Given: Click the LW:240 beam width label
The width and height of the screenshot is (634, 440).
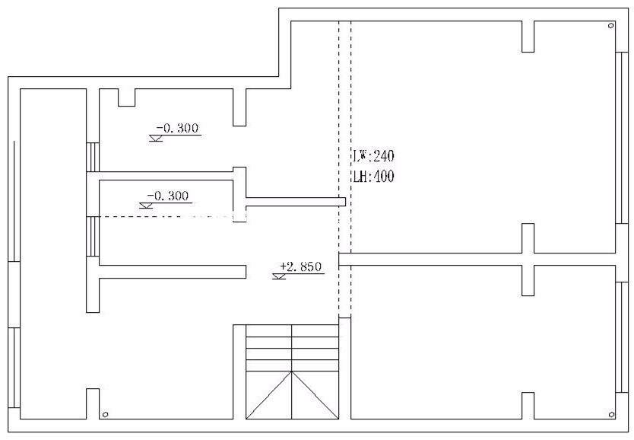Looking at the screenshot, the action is coord(373,156).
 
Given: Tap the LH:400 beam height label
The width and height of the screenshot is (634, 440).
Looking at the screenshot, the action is coord(373,177).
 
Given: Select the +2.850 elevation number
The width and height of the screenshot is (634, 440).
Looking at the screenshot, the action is coord(301,266).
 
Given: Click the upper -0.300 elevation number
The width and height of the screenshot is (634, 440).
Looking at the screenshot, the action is coord(177,128).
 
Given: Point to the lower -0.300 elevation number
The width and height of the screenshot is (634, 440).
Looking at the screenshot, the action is coord(167,196).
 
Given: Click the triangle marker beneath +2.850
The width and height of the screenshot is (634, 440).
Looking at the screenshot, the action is coord(279,276).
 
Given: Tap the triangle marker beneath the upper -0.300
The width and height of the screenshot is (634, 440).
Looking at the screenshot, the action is coord(156,138).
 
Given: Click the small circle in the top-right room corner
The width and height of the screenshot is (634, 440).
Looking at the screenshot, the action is coord(611,25).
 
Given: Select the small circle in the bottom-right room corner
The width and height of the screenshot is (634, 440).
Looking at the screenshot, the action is coord(611,415).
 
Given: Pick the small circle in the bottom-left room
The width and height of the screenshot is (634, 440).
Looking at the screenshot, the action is coord(105,414).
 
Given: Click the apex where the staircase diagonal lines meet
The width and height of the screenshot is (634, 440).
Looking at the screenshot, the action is coord(292,371).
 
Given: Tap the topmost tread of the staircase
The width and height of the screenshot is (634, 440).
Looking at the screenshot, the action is coord(292,330).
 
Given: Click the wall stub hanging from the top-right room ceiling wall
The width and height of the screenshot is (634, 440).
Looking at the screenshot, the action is coord(528,37).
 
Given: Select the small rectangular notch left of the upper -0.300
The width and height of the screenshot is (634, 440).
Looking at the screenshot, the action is coord(126,97).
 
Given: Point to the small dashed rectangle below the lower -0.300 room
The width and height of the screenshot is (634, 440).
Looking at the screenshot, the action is coord(239,216).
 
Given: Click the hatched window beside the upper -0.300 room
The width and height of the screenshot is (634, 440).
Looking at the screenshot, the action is coord(93,157).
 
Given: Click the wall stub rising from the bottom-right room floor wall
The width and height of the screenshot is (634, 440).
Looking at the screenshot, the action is coord(528,406).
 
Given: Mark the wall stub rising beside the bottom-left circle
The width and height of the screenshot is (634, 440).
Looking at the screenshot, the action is coord(93,404).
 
